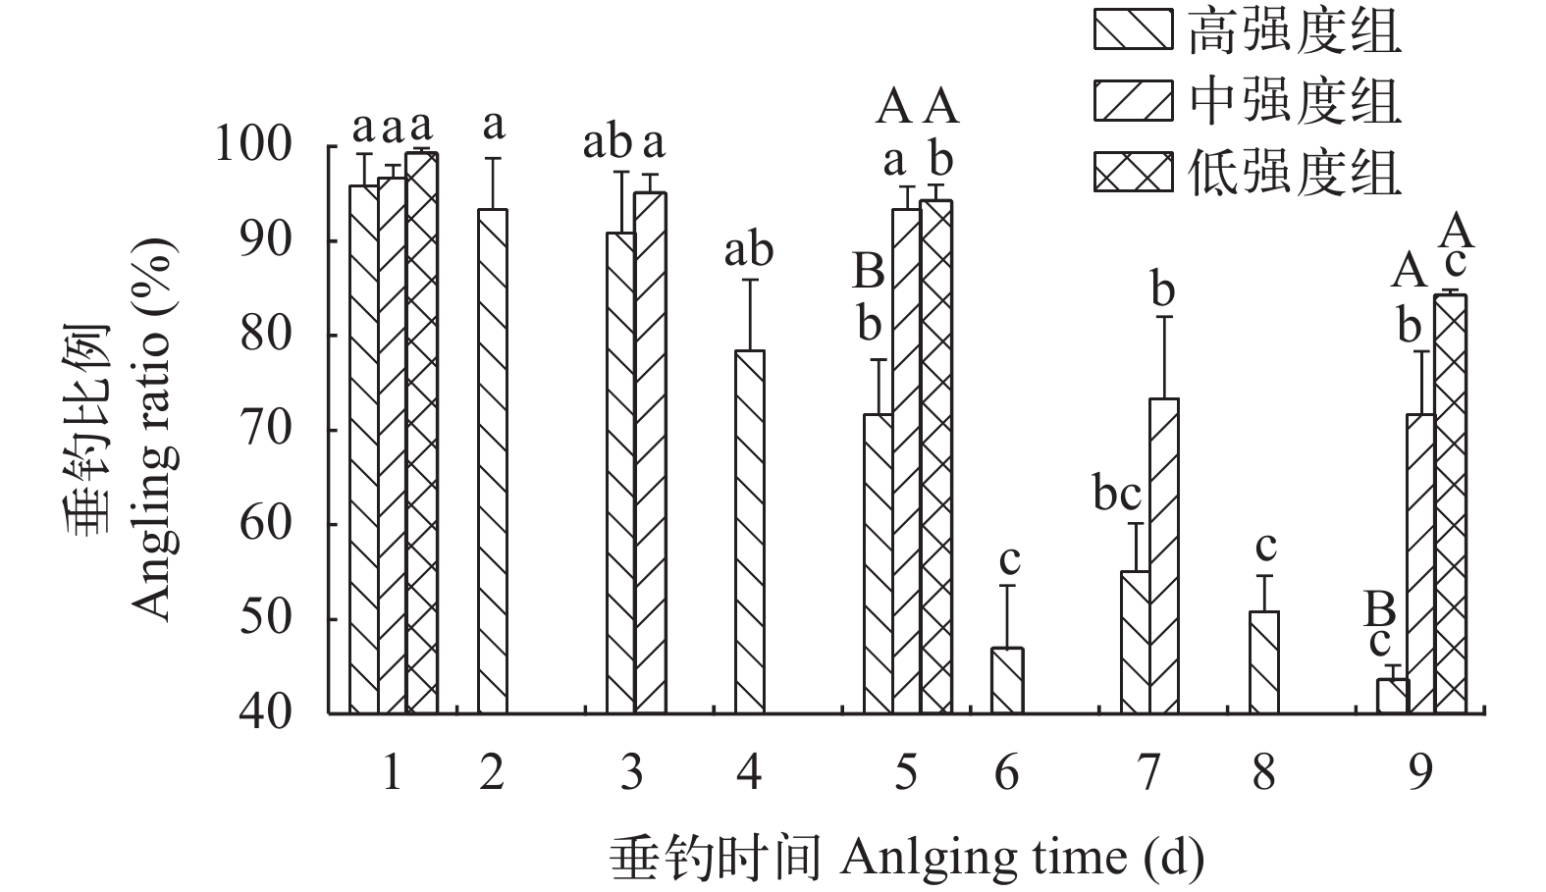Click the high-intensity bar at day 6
point(1007,680)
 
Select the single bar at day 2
point(493,461)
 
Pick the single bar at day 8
point(1264,662)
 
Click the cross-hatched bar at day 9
point(1451,503)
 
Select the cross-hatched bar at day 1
point(422,433)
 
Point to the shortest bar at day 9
point(1393,696)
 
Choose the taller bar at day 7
point(1163,555)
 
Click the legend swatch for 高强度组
point(1133,29)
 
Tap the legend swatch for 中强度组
point(1133,101)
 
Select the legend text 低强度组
point(1294,173)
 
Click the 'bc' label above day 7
point(1117,495)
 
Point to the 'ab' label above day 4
point(748,250)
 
